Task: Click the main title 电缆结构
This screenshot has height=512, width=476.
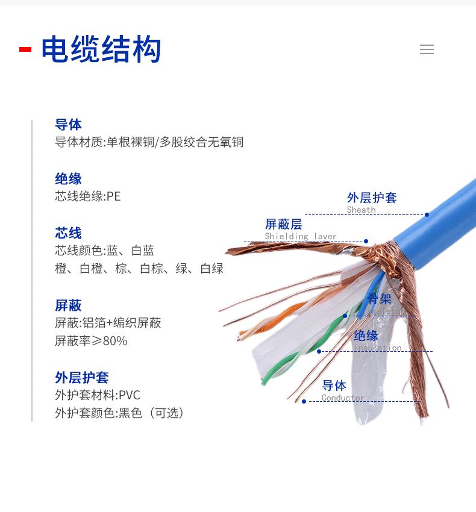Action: click(x=101, y=50)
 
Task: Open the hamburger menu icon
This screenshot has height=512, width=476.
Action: click(x=427, y=50)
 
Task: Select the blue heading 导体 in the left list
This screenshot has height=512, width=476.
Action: click(x=68, y=125)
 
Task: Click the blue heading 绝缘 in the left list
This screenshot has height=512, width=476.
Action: click(x=68, y=179)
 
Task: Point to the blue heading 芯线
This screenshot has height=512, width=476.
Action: click(x=68, y=233)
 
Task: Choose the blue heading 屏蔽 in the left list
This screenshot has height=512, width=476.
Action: click(x=68, y=305)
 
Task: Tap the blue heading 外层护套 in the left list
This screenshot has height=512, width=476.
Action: click(x=82, y=378)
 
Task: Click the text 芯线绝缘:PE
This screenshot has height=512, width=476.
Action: click(x=88, y=196)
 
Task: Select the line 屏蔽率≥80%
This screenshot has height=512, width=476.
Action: click(x=91, y=341)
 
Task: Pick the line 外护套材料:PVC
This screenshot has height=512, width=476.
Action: click(x=98, y=395)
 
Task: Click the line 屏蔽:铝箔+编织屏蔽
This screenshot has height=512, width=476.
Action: click(x=108, y=323)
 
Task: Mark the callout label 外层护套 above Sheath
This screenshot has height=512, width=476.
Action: click(x=372, y=198)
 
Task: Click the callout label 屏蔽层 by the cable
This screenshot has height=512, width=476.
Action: click(x=283, y=225)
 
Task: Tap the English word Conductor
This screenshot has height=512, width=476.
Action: click(x=343, y=398)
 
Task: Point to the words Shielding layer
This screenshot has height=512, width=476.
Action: click(x=301, y=237)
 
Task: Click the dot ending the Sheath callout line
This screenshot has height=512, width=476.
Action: click(x=427, y=214)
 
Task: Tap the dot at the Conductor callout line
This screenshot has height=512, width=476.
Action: click(x=304, y=401)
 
